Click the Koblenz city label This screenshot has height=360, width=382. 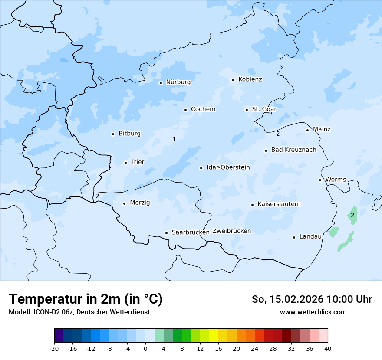[250, 79]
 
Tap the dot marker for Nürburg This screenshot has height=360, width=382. [161, 83]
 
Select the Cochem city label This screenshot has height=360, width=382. [203, 109]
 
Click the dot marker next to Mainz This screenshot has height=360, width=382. [307, 130]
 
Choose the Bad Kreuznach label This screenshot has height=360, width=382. [293, 150]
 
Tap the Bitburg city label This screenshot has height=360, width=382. [129, 134]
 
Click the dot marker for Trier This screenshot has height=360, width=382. [125, 163]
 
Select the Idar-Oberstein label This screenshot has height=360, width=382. [228, 167]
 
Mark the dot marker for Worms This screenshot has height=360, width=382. [320, 180]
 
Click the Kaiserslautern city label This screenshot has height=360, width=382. [279, 204]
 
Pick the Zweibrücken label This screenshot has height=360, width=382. [231, 231]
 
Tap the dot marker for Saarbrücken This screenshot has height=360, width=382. [166, 233]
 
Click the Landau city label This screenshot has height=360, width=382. [310, 236]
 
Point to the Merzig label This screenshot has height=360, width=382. [140, 203]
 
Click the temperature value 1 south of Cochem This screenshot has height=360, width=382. [174, 139]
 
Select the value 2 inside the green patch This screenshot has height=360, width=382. [352, 215]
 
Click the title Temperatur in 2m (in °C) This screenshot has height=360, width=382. [86, 299]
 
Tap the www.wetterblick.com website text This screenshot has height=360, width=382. [313, 312]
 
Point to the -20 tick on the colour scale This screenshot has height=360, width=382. [54, 348]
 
